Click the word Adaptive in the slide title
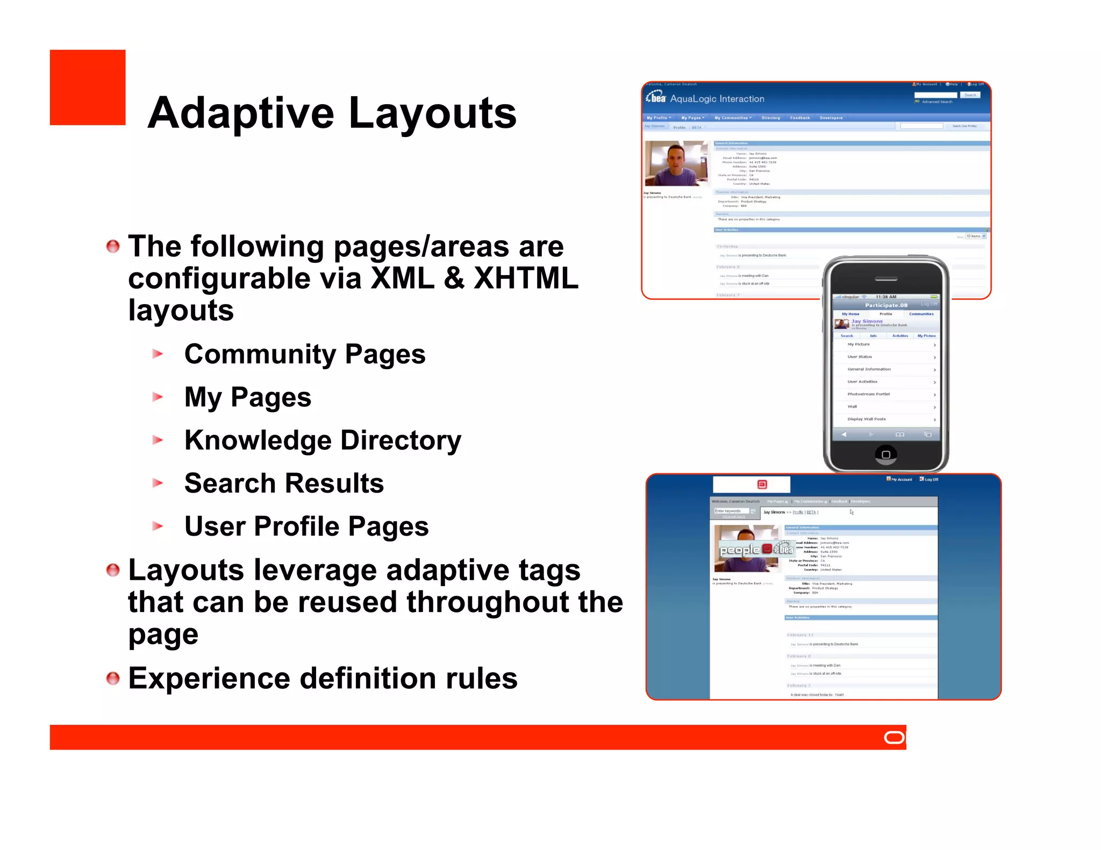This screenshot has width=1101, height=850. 241,114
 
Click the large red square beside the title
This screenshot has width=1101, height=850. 88,88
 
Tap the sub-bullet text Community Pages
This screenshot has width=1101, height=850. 305,355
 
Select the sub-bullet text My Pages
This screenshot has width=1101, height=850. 248,398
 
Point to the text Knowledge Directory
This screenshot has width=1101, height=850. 323,441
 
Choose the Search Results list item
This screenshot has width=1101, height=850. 284,484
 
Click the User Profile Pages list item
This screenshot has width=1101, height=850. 306,527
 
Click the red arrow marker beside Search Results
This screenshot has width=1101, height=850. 158,483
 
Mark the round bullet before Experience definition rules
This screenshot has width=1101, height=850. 113,679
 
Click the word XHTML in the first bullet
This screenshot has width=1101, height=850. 525,278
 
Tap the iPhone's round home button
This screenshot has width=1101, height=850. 885,455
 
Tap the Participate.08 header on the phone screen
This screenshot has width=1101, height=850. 886,305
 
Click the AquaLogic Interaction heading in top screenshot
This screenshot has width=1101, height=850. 717,99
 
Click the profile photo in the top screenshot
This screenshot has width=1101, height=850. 676,163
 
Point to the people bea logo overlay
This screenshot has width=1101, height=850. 756,549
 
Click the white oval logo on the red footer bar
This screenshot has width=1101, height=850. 895,738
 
